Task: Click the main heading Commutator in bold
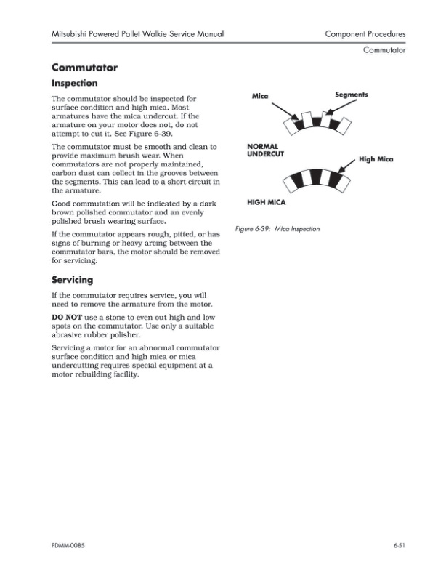[x=84, y=68]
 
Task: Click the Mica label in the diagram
[x=260, y=96]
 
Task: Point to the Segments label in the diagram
[x=351, y=95]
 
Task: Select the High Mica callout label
[x=376, y=159]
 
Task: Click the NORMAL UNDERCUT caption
[x=266, y=150]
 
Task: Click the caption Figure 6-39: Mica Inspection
[x=277, y=228]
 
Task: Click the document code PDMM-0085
[x=72, y=544]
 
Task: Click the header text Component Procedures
[x=365, y=34]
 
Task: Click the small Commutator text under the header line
[x=384, y=50]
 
